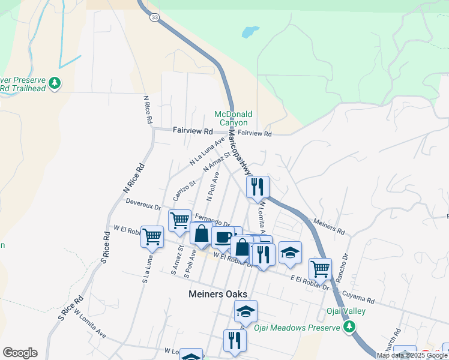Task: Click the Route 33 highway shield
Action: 155,18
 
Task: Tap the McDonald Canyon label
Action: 234,118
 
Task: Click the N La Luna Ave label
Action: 206,151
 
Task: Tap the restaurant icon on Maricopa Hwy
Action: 258,187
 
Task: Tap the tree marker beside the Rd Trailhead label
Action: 55,82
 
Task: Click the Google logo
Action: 20,353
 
